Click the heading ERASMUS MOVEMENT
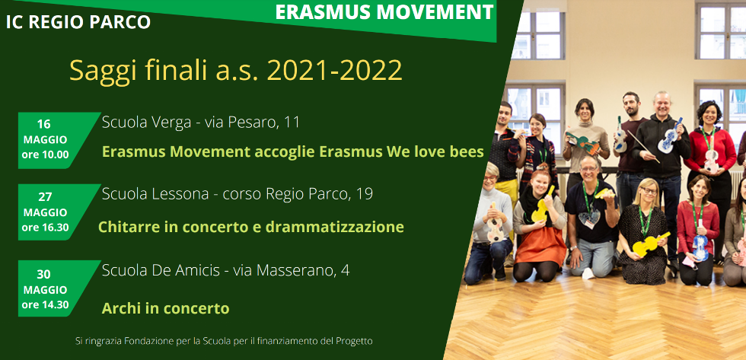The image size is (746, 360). (384, 12)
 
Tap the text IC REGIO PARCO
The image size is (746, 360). (78, 22)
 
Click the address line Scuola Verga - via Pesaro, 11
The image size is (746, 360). (201, 123)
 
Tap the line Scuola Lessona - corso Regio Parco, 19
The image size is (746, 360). (238, 194)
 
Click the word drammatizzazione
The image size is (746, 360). (334, 227)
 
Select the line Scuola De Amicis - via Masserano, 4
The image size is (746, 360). (225, 271)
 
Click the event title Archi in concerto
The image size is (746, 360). (166, 308)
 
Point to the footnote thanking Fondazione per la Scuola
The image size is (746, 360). (224, 341)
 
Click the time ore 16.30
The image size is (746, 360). (45, 228)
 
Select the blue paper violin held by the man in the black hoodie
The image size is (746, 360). (669, 136)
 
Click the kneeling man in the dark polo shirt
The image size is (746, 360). (589, 218)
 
